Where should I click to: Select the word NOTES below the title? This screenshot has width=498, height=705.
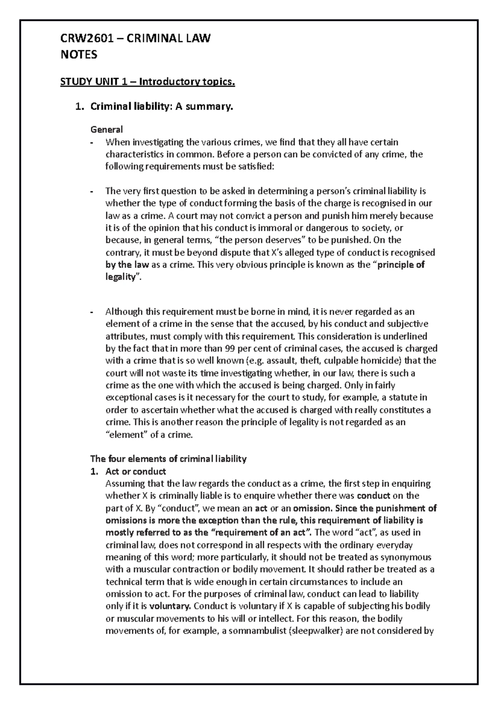click(x=79, y=54)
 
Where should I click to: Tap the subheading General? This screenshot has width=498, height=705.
click(x=107, y=130)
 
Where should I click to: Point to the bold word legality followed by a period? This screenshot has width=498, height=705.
click(x=121, y=277)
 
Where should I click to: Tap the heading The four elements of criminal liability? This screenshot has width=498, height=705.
click(x=168, y=459)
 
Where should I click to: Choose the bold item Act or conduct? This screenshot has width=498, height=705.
click(x=136, y=471)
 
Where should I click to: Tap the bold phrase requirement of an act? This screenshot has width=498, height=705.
click(x=262, y=532)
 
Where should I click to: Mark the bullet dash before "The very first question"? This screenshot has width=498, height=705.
click(x=92, y=191)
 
